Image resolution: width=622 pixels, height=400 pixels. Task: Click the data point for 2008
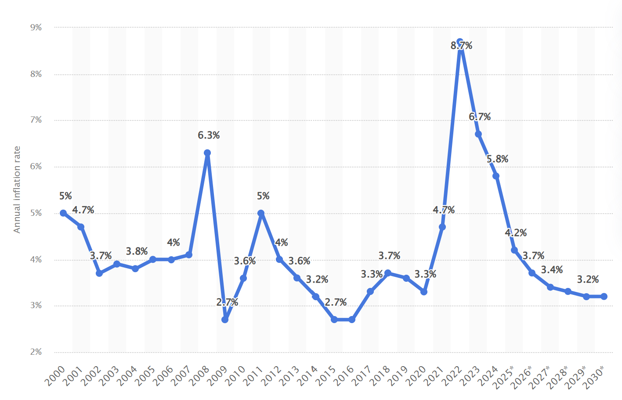click(x=207, y=153)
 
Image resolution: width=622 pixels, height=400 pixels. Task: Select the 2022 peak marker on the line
click(x=460, y=42)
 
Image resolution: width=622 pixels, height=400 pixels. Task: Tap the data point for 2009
click(x=225, y=320)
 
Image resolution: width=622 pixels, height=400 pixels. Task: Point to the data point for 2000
click(x=63, y=213)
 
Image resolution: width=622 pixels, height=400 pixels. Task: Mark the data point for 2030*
click(x=604, y=296)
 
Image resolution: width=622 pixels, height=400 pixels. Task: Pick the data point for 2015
click(x=334, y=320)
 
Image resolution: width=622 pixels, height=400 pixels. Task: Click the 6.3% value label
click(x=209, y=135)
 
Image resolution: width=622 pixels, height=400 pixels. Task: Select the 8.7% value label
click(x=461, y=46)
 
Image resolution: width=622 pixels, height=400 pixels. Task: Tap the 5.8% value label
click(x=497, y=159)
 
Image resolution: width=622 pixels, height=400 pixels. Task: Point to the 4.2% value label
click(x=516, y=233)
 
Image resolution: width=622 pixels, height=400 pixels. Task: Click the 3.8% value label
click(x=137, y=251)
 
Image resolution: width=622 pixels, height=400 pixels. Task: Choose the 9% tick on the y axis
click(x=36, y=28)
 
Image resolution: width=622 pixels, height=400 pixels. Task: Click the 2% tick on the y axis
click(x=36, y=352)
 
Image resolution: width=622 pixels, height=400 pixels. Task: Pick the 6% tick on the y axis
click(x=36, y=167)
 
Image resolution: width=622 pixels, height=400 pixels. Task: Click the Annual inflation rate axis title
click(x=17, y=189)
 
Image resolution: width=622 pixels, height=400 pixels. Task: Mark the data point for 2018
click(x=388, y=273)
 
